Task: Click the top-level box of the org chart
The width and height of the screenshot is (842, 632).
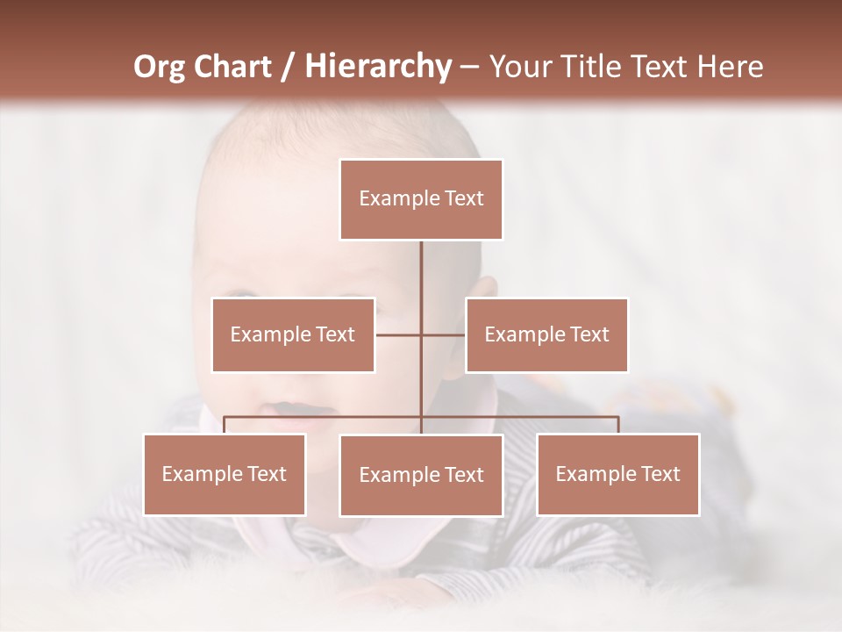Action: pos(421,199)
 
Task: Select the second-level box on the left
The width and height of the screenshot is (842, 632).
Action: pos(293,334)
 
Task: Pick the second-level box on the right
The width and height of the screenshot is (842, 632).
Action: pos(546,334)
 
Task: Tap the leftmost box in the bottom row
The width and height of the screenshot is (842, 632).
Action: pos(225,474)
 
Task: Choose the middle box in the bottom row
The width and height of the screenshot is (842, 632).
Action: pos(421,475)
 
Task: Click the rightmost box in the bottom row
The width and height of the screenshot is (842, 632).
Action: pos(617,474)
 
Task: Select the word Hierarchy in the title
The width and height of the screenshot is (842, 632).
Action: pos(377,67)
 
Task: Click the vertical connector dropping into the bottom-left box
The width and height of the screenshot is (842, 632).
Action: pos(225,425)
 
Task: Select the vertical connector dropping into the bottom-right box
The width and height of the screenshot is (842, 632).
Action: pos(617,425)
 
